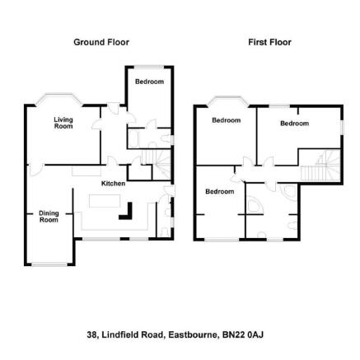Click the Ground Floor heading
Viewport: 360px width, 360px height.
[x=101, y=42]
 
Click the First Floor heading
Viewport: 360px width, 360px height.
[x=269, y=42]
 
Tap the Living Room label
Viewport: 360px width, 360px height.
[x=63, y=123]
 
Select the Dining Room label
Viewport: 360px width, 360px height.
[x=49, y=217]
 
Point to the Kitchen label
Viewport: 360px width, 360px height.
[x=113, y=183]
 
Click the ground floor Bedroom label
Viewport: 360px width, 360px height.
[x=149, y=82]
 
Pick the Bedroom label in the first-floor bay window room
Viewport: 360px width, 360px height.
[x=227, y=120]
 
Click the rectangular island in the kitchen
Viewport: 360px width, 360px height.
[x=105, y=201]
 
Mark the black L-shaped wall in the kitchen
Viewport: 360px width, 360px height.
[x=126, y=211]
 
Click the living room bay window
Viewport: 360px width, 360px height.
[x=59, y=99]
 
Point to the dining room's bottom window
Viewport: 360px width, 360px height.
[x=49, y=264]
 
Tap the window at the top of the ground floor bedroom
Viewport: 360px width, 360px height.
[x=149, y=67]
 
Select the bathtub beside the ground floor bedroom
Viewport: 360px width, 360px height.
[x=134, y=138]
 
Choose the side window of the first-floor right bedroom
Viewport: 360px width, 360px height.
[x=343, y=128]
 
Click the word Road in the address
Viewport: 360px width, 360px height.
[x=152, y=335]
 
